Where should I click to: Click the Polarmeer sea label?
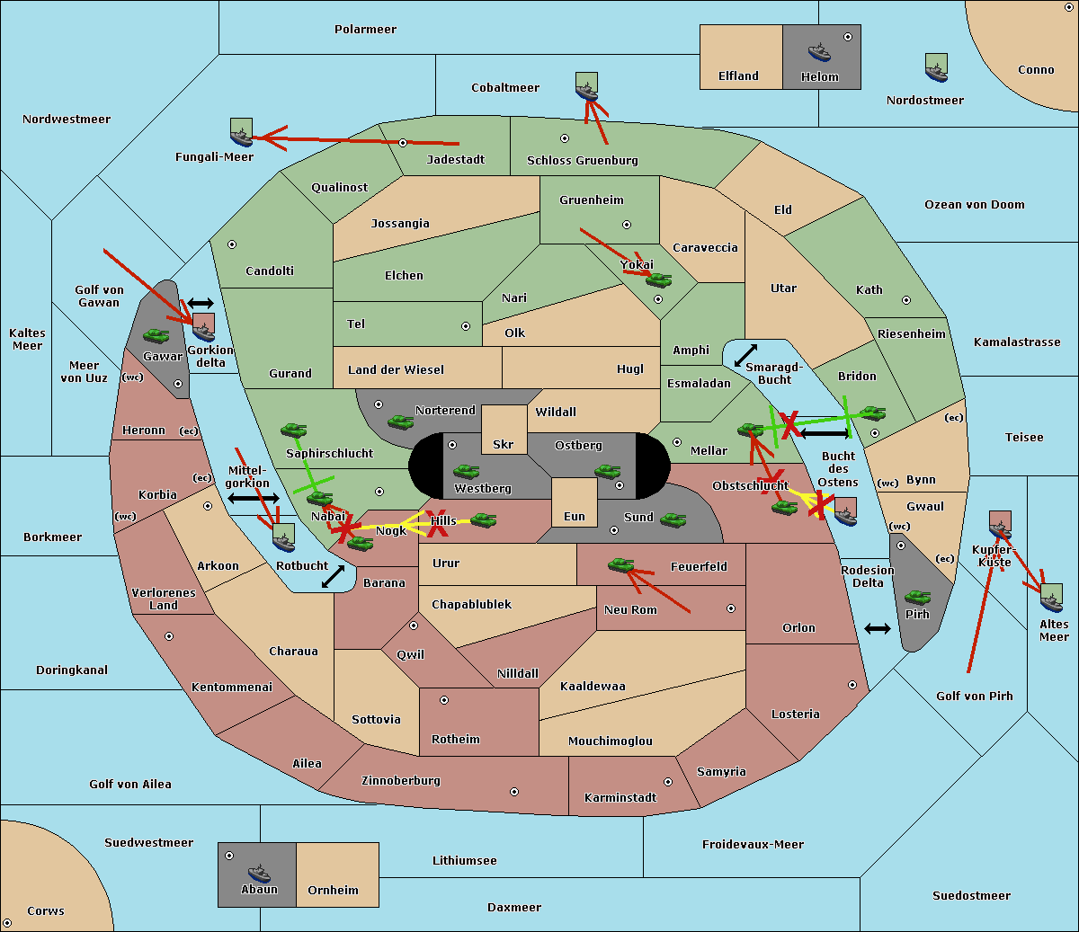pyautogui.click(x=365, y=30)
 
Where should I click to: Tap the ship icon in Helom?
pyautogui.click(x=819, y=52)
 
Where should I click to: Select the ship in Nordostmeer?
pyautogui.click(x=936, y=67)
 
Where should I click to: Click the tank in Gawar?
pyautogui.click(x=156, y=335)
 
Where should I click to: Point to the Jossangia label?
pyautogui.click(x=400, y=224)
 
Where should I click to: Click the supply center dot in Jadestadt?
pyautogui.click(x=403, y=143)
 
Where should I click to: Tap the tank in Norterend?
pyautogui.click(x=400, y=422)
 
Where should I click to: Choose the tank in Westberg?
pyautogui.click(x=466, y=471)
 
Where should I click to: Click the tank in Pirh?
pyautogui.click(x=917, y=597)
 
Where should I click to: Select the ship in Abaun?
pyautogui.click(x=259, y=873)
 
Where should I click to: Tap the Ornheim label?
pyautogui.click(x=333, y=890)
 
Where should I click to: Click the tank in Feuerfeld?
pyautogui.click(x=620, y=564)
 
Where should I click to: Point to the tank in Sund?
pyautogui.click(x=673, y=519)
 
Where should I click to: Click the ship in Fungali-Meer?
pyautogui.click(x=241, y=132)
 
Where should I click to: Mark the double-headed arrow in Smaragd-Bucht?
pyautogui.click(x=745, y=355)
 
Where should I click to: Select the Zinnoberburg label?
pyautogui.click(x=401, y=781)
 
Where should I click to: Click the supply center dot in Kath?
pyautogui.click(x=906, y=300)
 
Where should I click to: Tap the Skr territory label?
pyautogui.click(x=503, y=444)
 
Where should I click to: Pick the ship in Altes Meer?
pyautogui.click(x=1051, y=598)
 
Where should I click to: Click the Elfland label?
pyautogui.click(x=738, y=76)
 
